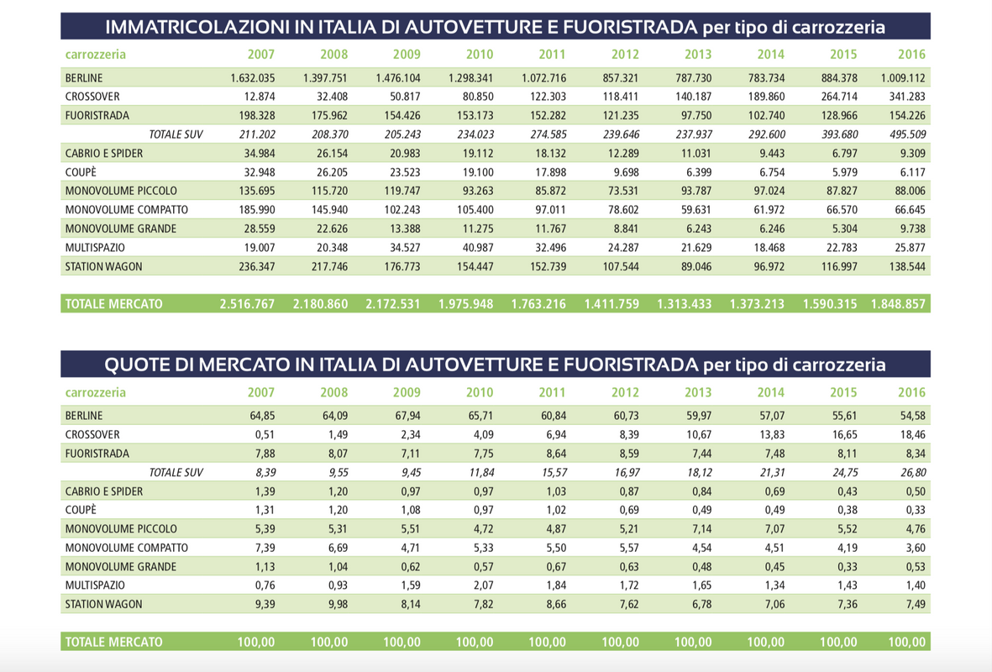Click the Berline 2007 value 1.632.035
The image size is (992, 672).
(x=253, y=78)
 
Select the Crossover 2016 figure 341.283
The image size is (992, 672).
(x=903, y=97)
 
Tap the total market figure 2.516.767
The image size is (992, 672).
(x=247, y=304)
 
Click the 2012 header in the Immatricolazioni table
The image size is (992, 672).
(x=625, y=55)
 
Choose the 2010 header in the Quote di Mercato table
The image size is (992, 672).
(x=480, y=392)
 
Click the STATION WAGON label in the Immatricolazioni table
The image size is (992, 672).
(x=104, y=267)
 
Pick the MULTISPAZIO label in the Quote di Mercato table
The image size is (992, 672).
(x=95, y=585)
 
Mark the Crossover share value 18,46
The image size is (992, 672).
(x=913, y=435)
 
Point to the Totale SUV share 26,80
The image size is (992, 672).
(x=913, y=473)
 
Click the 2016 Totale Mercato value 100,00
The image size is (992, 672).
(x=906, y=643)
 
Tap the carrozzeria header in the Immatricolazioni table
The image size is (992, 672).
(x=96, y=55)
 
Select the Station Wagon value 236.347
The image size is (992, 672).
(x=257, y=267)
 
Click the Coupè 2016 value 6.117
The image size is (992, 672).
(x=911, y=172)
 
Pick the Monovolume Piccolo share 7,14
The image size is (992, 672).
(x=702, y=529)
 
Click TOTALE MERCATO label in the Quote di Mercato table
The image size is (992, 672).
(x=114, y=643)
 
